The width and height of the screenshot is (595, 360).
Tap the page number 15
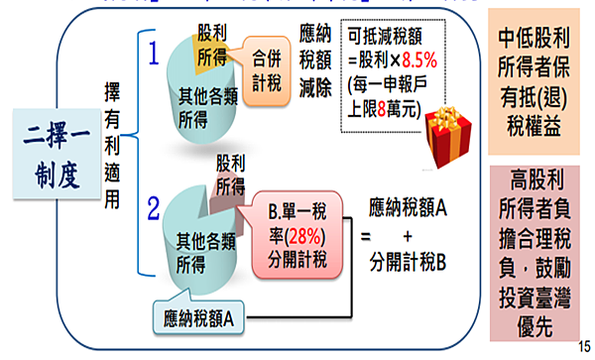[x=582, y=345]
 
